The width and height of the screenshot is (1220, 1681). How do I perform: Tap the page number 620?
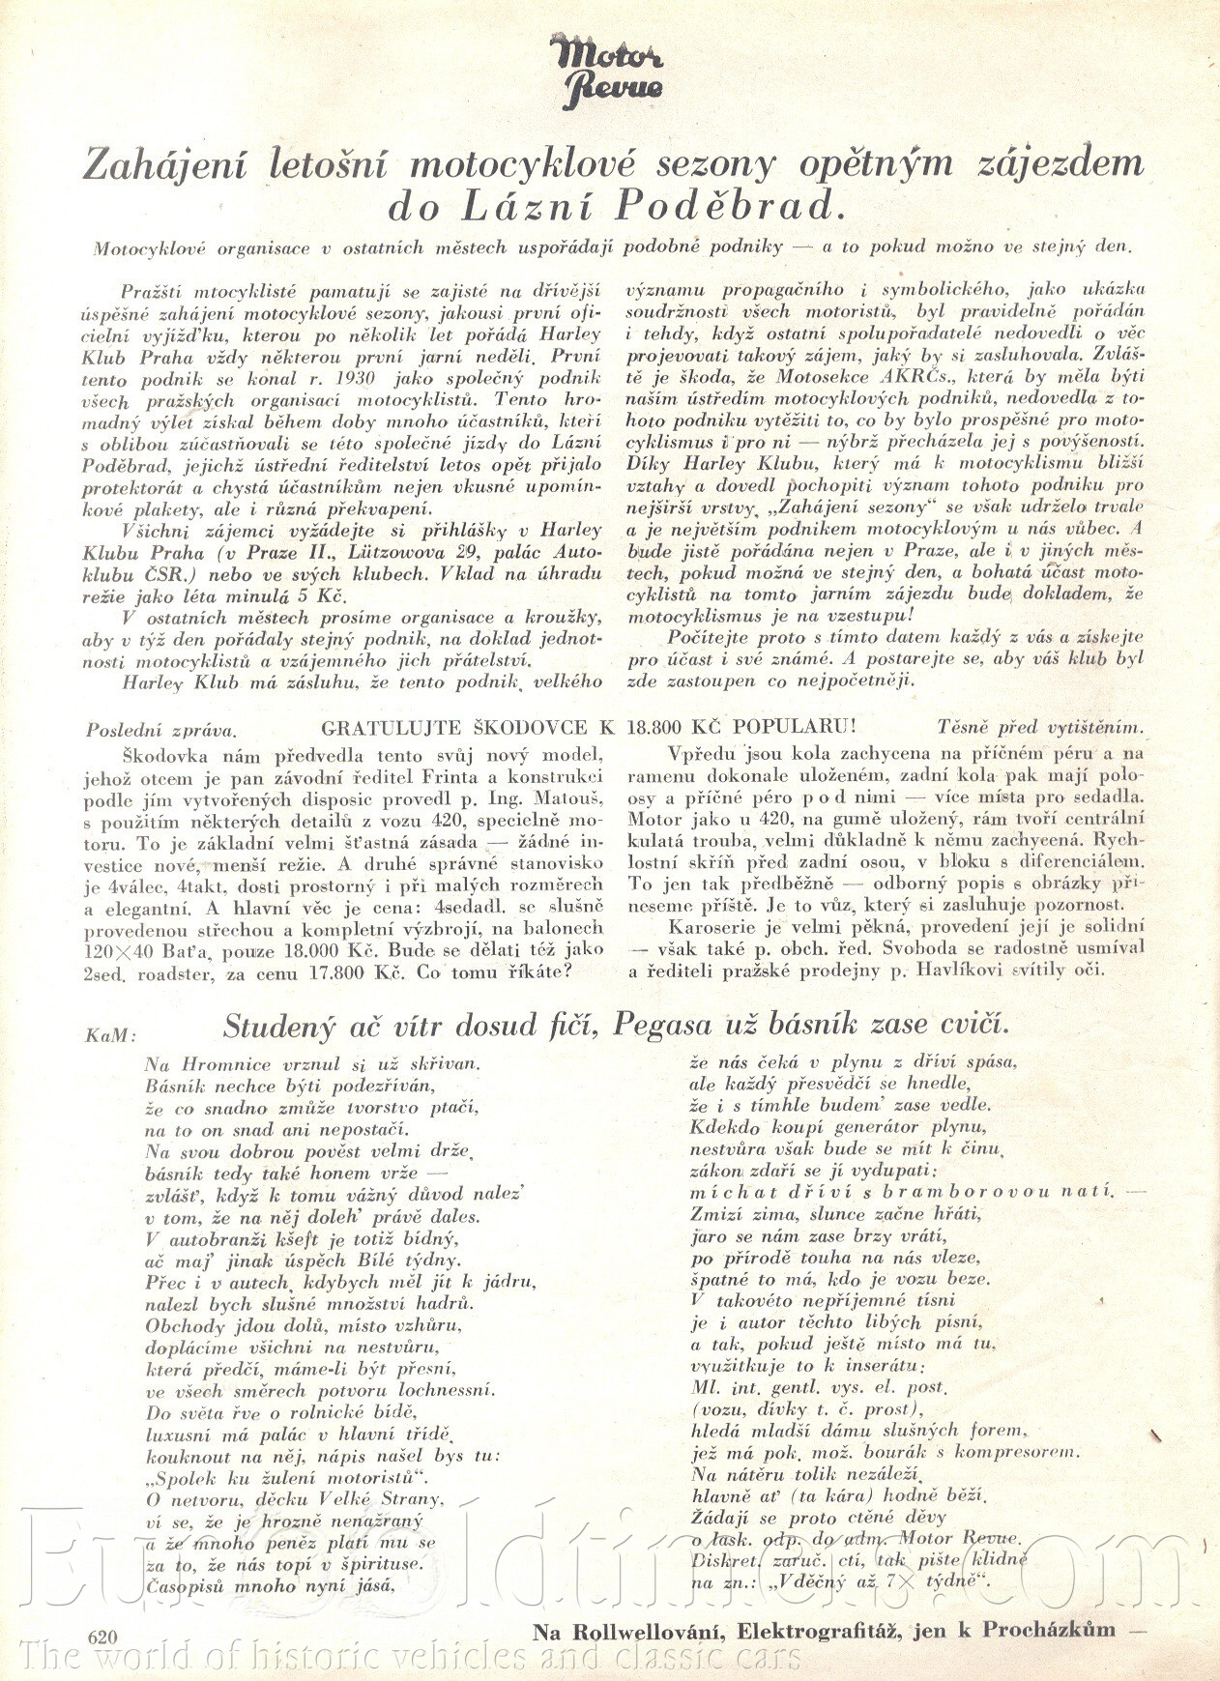102,1636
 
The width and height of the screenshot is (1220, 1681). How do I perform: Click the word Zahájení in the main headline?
149,165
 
